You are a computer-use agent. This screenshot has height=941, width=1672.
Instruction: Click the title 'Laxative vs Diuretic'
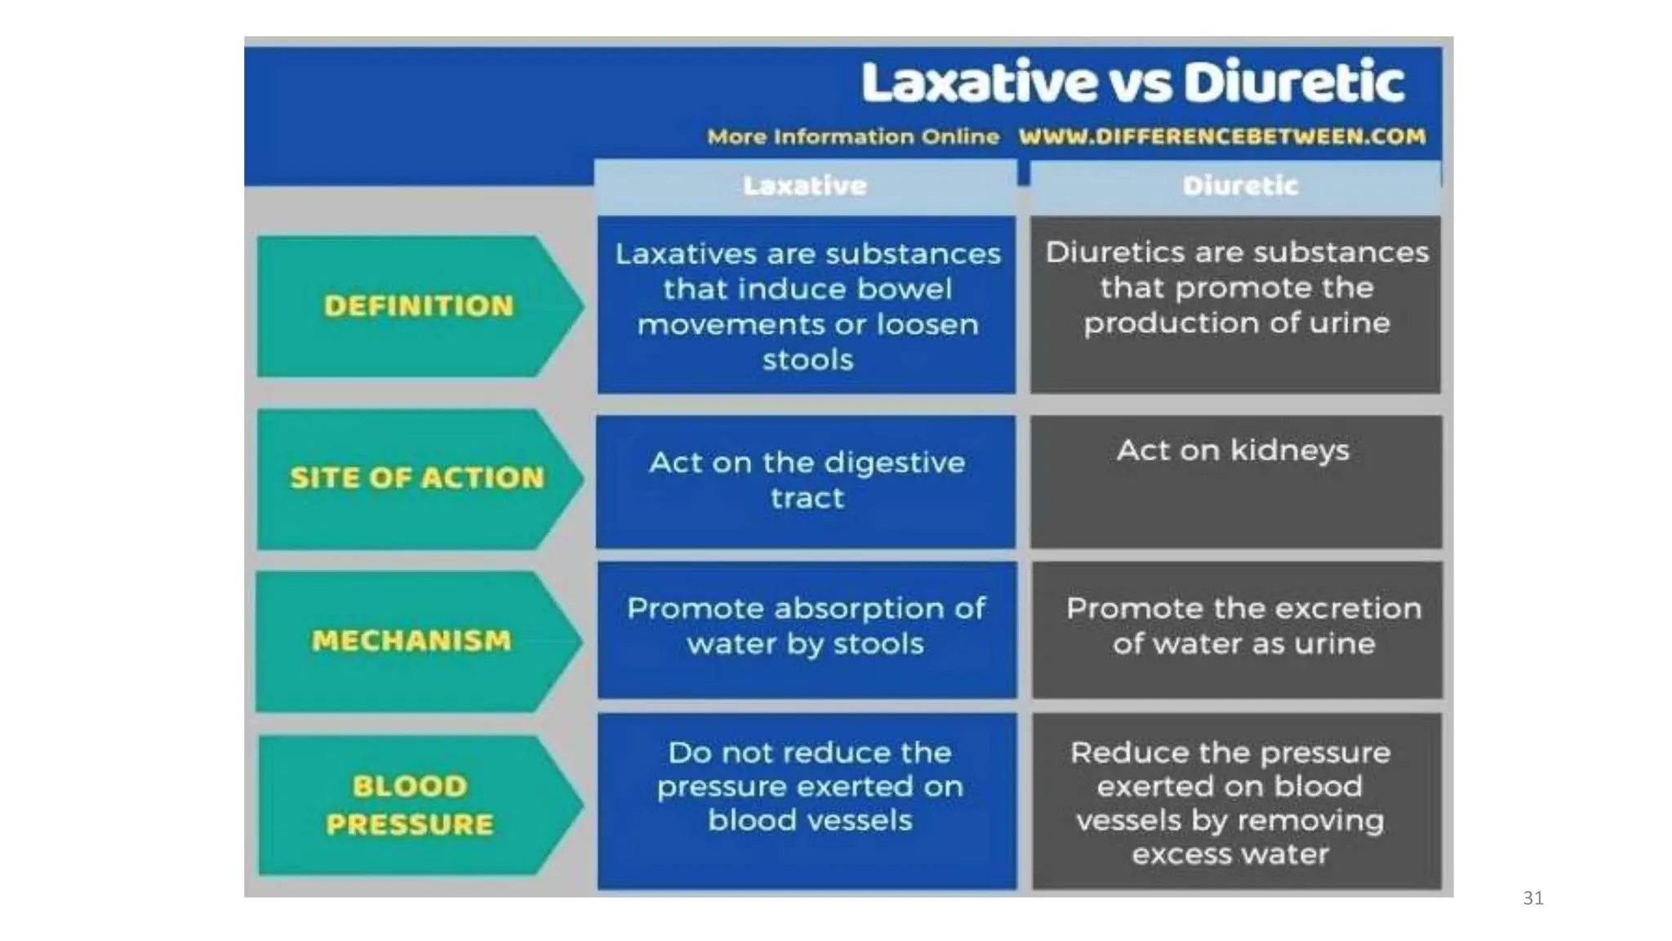coord(1132,82)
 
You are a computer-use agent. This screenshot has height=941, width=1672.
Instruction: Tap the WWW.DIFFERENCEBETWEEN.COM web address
coord(1222,136)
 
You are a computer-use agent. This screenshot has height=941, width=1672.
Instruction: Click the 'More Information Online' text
coord(853,136)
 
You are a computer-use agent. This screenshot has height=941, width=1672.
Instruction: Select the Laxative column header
coord(805,186)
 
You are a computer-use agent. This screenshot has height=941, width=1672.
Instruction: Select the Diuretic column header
coord(1239,186)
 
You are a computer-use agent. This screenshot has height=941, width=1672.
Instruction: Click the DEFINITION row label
coord(419,306)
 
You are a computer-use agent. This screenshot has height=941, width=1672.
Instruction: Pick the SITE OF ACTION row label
coord(416,478)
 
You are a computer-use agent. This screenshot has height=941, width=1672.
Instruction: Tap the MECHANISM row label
coord(411,640)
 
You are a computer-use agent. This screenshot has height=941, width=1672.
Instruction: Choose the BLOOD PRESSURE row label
coord(410,805)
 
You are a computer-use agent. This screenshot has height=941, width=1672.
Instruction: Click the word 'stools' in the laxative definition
coord(807,360)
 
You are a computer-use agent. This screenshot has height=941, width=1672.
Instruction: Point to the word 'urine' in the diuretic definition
coord(1350,323)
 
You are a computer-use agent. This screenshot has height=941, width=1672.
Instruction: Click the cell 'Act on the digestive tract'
coord(807,480)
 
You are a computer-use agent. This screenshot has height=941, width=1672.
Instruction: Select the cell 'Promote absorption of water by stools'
coord(807,627)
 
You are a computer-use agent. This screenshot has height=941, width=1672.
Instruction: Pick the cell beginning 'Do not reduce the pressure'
coord(809,786)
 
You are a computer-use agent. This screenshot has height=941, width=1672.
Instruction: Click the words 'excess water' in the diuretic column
coord(1230,854)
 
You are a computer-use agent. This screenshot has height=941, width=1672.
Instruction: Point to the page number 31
coord(1533,899)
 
